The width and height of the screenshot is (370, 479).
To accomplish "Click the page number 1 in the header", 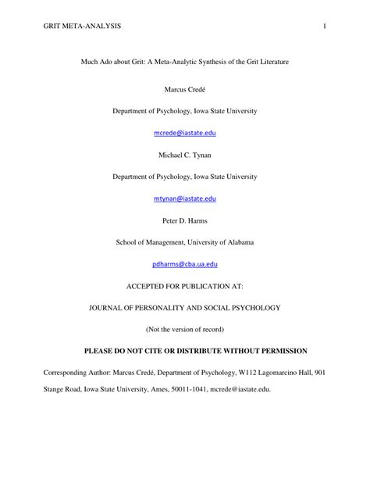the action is pos(322,28).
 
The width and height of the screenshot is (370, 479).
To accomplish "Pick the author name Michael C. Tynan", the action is pos(185,156).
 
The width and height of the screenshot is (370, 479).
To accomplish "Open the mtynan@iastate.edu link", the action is pos(185,200).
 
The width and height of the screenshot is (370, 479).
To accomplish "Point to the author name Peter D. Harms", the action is pos(185,221).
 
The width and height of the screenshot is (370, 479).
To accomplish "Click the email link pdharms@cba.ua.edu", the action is pos(185,265).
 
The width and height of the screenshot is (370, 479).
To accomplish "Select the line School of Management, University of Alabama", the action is pos(185,243).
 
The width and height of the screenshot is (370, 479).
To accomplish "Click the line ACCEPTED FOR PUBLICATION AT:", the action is pos(185,286).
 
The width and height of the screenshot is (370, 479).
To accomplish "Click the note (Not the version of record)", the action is pos(185,329).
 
